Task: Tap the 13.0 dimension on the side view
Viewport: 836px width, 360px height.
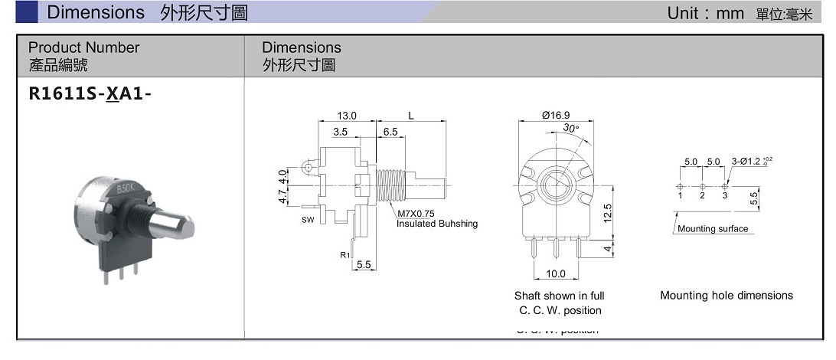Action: pos(347,116)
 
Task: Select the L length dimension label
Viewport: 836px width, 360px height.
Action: pos(411,116)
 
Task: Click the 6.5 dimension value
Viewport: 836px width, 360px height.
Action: pos(390,132)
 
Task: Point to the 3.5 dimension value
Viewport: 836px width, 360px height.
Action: pos(341,132)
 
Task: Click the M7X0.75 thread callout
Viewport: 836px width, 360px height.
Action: pos(416,214)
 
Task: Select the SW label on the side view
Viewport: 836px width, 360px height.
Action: pos(306,220)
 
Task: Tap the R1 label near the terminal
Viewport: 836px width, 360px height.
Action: pos(345,254)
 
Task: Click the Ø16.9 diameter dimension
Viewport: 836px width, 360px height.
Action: pos(555,116)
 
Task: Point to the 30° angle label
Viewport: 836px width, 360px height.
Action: pos(571,129)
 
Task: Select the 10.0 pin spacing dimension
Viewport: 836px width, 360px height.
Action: pos(555,273)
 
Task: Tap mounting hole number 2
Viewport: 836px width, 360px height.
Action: pos(702,196)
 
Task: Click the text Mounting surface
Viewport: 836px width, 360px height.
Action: pos(713,229)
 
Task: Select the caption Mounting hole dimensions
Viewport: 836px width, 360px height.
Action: pos(726,296)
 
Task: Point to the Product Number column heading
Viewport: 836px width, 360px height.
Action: pos(84,47)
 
